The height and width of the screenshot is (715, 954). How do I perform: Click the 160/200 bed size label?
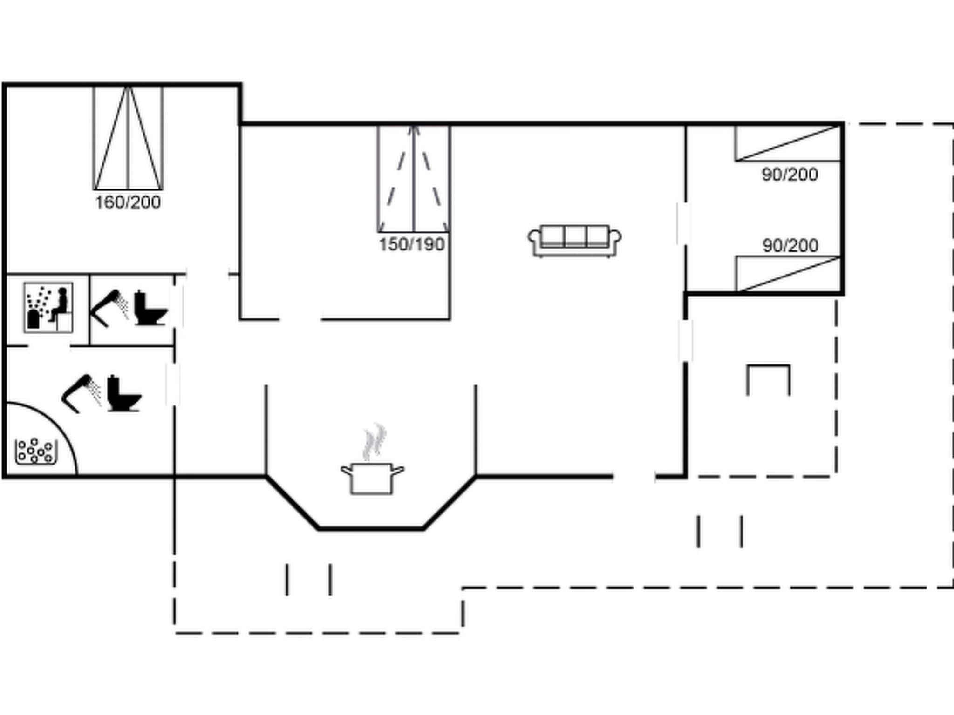click(128, 202)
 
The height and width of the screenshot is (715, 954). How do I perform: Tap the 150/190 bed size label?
click(412, 244)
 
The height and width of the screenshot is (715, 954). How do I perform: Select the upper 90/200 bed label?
click(790, 175)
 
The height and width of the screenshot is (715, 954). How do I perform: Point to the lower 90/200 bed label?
click(790, 245)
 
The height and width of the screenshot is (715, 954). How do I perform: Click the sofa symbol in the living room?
click(574, 241)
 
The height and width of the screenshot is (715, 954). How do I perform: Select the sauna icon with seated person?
click(48, 307)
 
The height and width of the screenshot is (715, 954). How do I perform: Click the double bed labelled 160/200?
click(128, 138)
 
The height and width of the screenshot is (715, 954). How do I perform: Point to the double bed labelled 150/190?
click(413, 179)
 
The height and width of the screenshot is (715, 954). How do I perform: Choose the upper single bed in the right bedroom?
click(788, 143)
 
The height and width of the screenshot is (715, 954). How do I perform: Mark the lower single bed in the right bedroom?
click(788, 274)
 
